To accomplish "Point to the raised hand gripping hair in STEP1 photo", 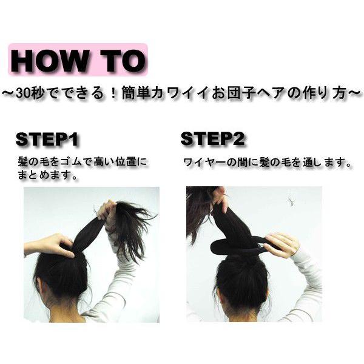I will tap(108, 212).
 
